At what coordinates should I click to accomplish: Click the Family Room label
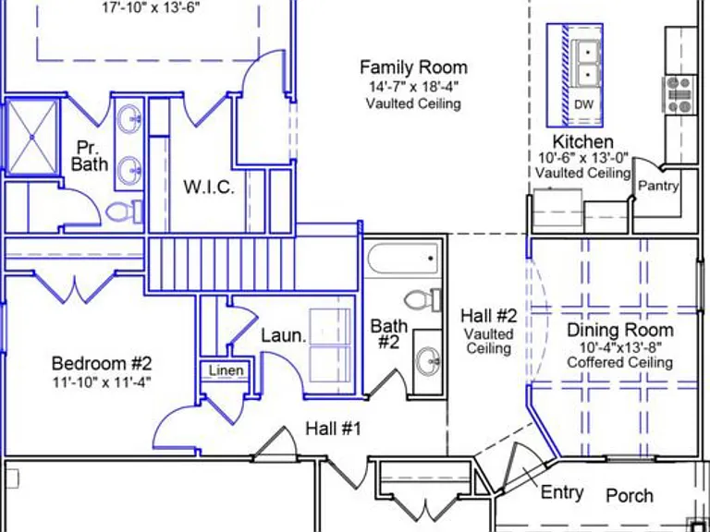tap(413, 67)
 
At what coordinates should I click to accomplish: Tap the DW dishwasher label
tap(583, 104)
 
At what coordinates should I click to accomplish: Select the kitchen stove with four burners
tap(679, 94)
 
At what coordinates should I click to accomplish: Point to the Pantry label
tap(658, 186)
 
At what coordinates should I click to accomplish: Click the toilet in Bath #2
tap(422, 299)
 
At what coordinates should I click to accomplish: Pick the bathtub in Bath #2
tap(403, 258)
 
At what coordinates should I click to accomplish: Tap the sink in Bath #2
tap(428, 361)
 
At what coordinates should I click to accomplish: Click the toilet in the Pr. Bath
tap(124, 212)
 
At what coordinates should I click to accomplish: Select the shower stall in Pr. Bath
tap(32, 137)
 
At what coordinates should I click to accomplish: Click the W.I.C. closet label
tap(209, 187)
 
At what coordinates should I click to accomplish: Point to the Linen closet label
tap(226, 370)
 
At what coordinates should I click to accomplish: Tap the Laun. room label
tap(284, 335)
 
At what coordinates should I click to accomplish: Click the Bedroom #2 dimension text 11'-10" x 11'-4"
tap(102, 382)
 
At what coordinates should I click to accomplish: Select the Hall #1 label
tap(334, 428)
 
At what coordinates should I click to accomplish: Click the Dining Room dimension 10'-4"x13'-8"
tap(621, 347)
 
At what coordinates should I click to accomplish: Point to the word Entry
tap(562, 492)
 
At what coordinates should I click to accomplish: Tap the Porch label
tap(630, 495)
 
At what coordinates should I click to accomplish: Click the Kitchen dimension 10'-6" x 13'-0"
tap(583, 158)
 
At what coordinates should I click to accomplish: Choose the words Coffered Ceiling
tap(620, 362)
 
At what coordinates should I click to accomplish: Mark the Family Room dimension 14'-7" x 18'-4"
tap(414, 86)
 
